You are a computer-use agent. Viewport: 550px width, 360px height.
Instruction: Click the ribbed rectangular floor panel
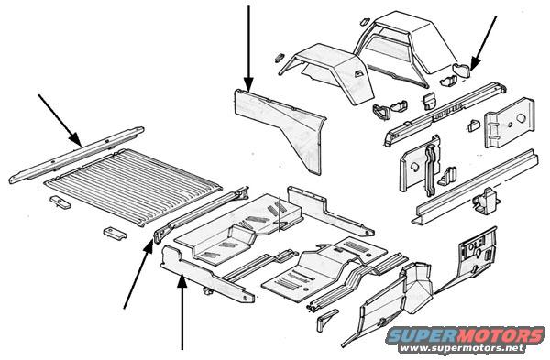[133, 186]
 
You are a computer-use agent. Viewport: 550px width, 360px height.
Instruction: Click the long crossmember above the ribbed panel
[76, 155]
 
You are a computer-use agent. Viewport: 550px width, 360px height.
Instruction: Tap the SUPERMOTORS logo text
[465, 335]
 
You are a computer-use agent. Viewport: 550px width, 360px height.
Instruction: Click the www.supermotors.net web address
[463, 349]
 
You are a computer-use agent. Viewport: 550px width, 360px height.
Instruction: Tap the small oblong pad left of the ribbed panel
[60, 202]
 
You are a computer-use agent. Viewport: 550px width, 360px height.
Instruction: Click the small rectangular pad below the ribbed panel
[115, 233]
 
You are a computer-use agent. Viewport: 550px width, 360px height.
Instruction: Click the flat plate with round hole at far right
[511, 122]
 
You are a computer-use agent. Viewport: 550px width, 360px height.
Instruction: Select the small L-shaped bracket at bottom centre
[326, 320]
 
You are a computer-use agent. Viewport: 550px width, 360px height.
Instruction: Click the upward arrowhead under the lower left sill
[182, 281]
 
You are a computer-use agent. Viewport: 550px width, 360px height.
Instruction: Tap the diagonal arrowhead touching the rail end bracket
[149, 246]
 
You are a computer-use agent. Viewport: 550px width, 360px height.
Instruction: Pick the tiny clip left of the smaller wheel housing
[280, 57]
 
